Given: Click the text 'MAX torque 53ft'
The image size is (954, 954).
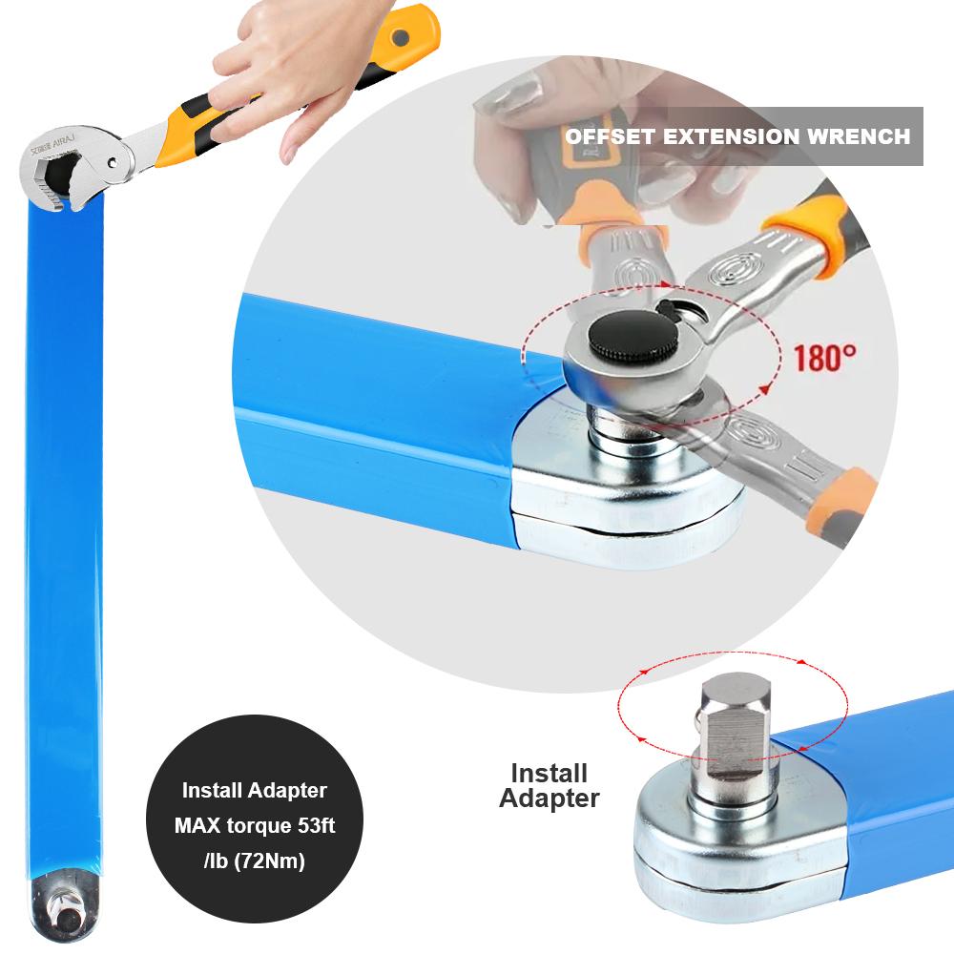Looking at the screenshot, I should coord(255,823).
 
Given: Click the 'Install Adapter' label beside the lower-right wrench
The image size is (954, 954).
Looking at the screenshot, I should coord(550,785).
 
